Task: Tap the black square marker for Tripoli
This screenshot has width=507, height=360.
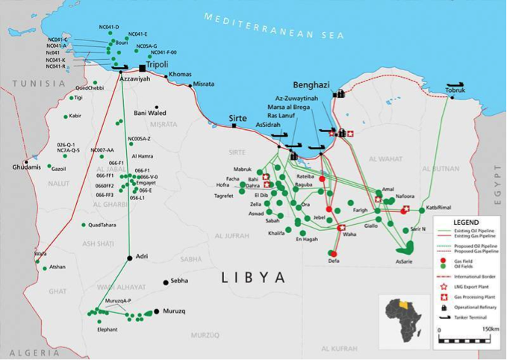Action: point(141,66)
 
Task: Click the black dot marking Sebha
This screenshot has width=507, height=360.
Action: point(166,282)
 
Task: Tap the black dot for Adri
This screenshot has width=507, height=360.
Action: point(130,258)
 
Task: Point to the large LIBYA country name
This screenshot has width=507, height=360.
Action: point(253,278)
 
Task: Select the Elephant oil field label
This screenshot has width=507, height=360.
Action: point(108,329)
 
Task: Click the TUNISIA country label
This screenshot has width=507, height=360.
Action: point(22,84)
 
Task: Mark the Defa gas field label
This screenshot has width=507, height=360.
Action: point(334,261)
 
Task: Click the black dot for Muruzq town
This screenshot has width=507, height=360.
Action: point(157,311)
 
